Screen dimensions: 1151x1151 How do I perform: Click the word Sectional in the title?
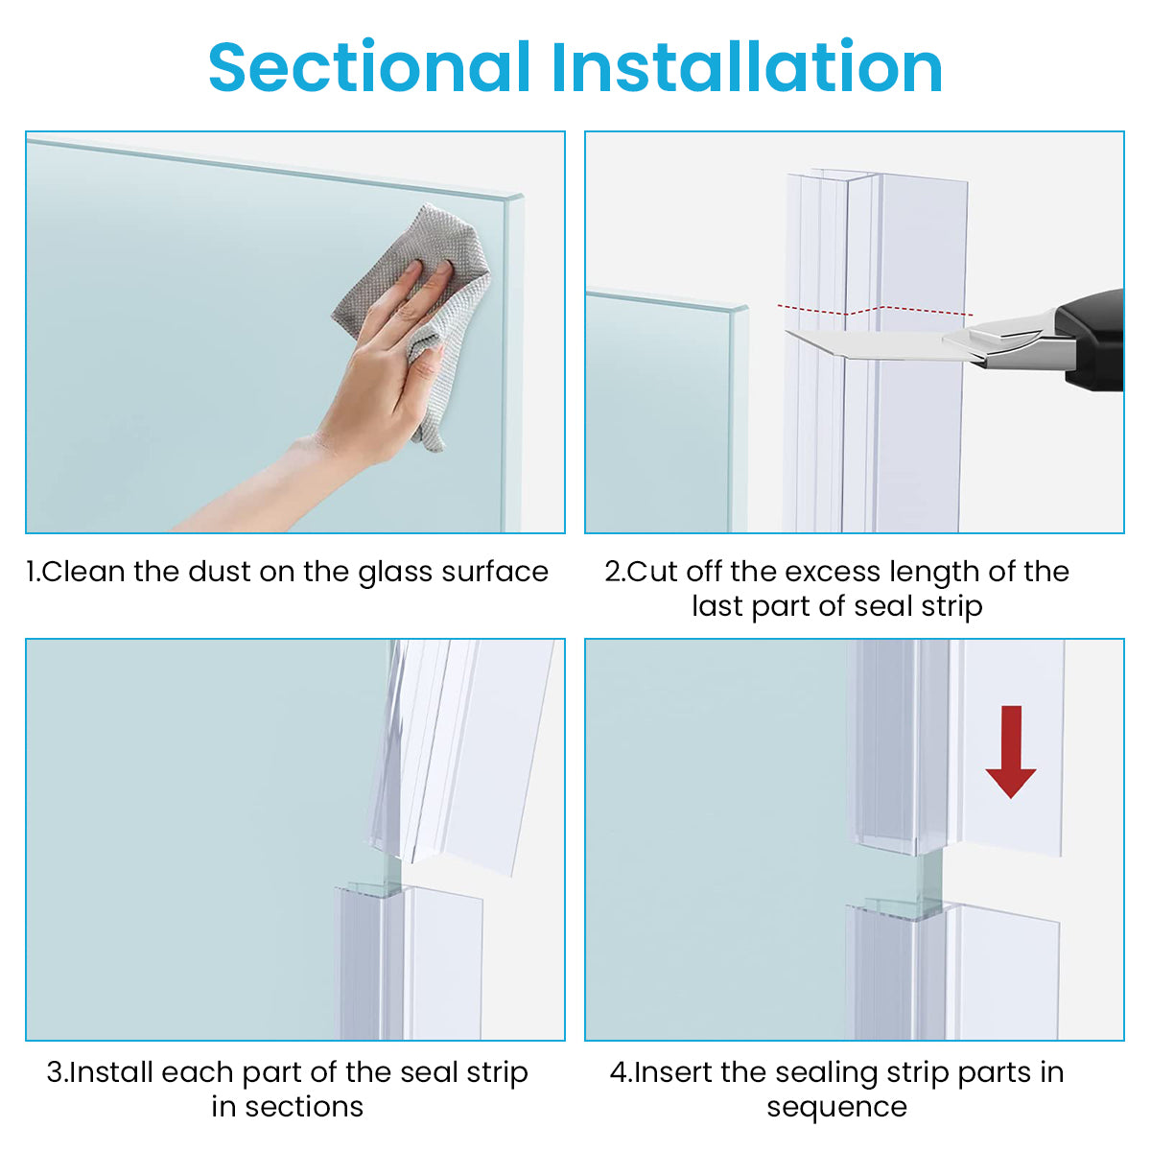pos(369,67)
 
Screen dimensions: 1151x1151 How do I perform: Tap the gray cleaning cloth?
pos(422,288)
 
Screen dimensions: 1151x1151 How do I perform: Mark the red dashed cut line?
pos(873,309)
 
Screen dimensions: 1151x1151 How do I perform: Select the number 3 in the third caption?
pos(55,1072)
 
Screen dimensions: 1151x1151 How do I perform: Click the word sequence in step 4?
pos(836,1107)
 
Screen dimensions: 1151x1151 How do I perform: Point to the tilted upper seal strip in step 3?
pos(460,748)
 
